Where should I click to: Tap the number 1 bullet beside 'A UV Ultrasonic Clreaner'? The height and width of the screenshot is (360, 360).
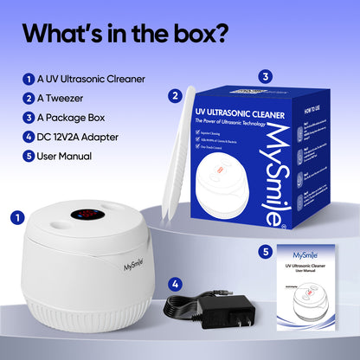[x=28, y=80]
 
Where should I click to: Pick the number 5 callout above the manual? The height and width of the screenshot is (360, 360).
[x=266, y=252]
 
